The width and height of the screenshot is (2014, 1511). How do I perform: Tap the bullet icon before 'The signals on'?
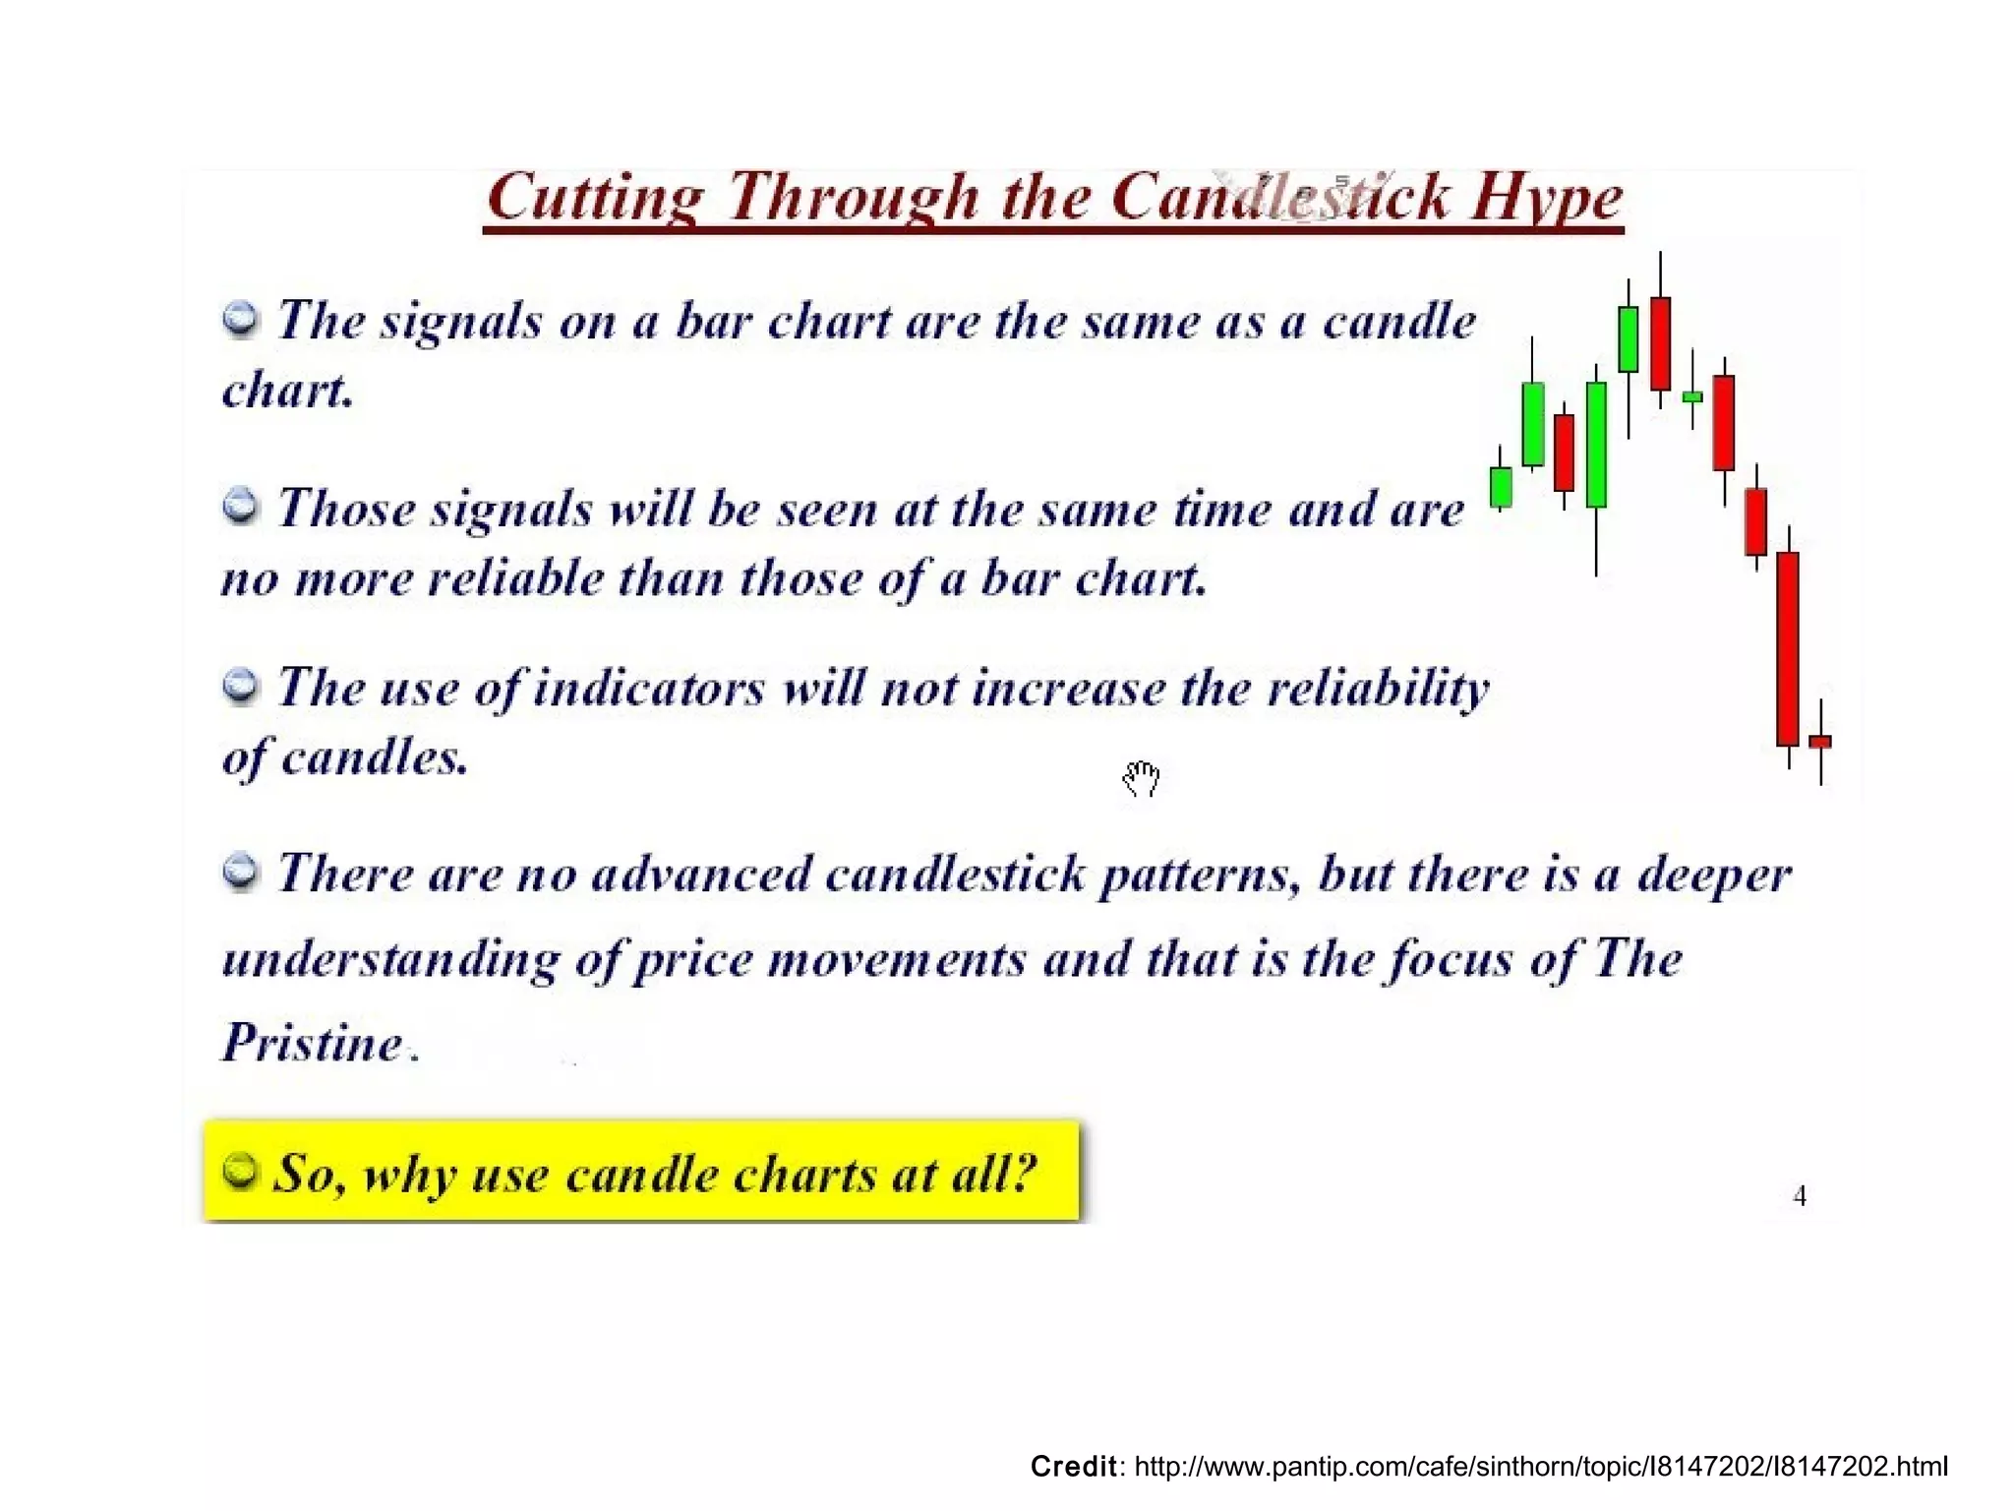tap(240, 318)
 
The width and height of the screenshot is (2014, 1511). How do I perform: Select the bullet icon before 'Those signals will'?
tap(240, 506)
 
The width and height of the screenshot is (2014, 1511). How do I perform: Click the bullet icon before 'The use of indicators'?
tap(240, 685)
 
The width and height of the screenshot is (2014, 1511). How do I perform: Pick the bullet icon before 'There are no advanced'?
tap(240, 871)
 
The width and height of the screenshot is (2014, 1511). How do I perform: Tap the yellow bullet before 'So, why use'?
tap(240, 1170)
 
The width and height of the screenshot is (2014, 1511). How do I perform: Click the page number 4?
tap(1800, 1196)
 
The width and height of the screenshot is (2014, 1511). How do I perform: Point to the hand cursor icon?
tap(1142, 778)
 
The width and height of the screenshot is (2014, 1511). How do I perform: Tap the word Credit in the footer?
tap(1073, 1467)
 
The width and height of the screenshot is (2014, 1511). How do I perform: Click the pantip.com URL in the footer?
tap(1540, 1467)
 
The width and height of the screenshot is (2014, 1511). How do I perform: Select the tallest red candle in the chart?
tap(1788, 649)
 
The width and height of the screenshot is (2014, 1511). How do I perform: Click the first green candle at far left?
tap(1501, 487)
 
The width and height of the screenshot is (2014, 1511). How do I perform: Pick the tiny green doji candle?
tap(1692, 396)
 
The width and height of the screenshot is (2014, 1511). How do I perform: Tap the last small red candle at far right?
tap(1820, 742)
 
